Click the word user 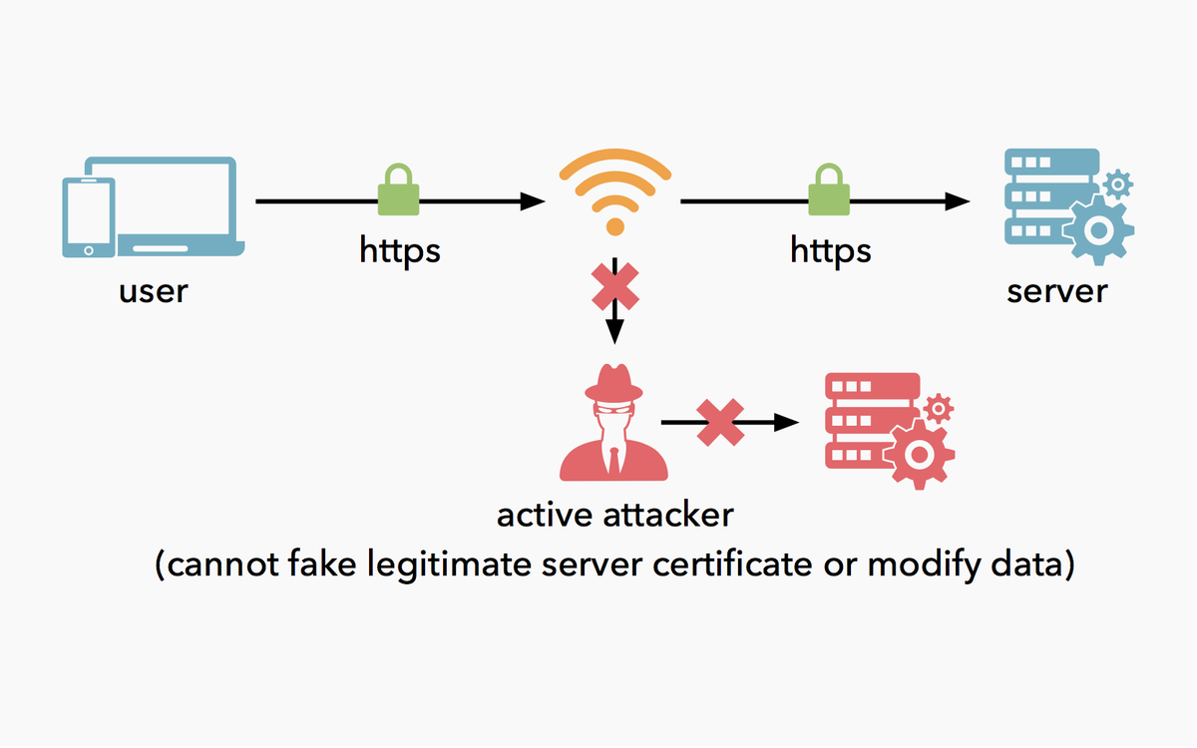(x=154, y=292)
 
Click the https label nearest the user (x=399, y=249)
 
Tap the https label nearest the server (x=830, y=249)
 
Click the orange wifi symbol (x=615, y=191)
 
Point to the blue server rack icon (x=1047, y=199)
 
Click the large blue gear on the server (x=1099, y=230)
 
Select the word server (x=1056, y=292)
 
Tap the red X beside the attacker (x=721, y=423)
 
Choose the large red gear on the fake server (x=919, y=454)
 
